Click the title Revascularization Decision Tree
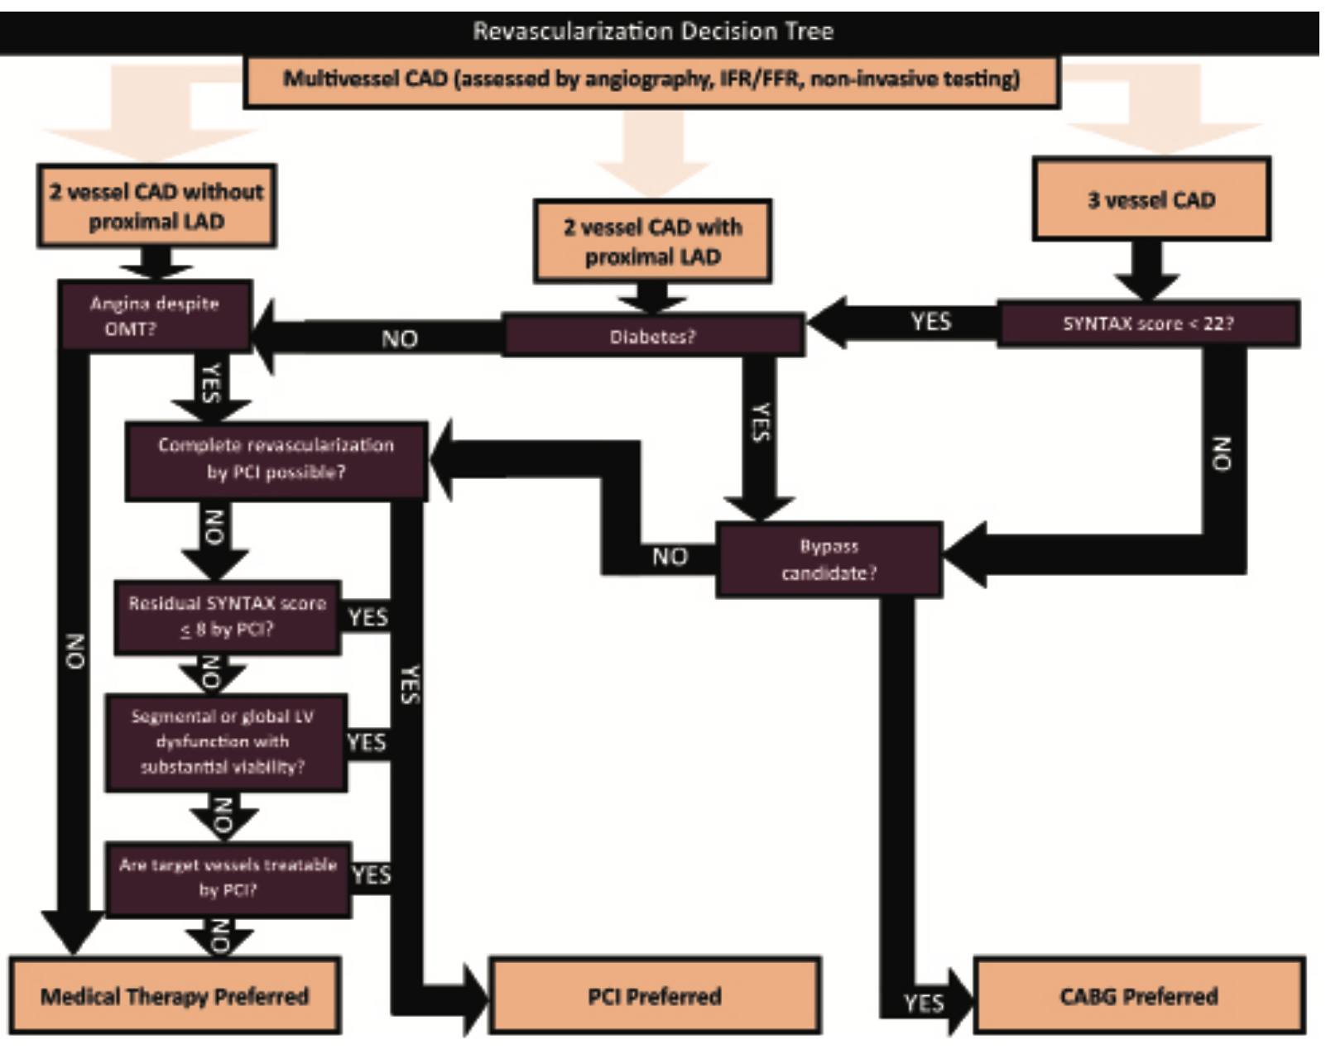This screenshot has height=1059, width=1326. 652,31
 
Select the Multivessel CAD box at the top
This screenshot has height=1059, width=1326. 651,80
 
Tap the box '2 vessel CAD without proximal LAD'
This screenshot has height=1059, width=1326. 156,206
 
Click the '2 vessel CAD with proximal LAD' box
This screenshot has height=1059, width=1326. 652,242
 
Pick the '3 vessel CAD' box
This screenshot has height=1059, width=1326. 1151,200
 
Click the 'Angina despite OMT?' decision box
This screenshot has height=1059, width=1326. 155,315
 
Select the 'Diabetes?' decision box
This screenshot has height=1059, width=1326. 652,336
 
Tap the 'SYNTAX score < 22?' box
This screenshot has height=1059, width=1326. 1148,323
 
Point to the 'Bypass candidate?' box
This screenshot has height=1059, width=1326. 829,559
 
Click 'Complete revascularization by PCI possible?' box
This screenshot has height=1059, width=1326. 276,459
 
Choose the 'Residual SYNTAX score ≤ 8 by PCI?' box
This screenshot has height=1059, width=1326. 227,616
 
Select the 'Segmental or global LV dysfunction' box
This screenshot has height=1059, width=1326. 224,741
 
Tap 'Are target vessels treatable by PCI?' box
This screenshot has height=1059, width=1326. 228,878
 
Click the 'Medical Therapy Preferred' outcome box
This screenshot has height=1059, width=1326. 175,995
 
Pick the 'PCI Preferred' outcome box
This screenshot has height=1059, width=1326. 654,995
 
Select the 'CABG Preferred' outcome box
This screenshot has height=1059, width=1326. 1138,995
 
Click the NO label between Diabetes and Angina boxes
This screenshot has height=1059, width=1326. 400,339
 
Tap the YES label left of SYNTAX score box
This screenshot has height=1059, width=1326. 931,322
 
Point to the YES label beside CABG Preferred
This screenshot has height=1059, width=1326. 923,1004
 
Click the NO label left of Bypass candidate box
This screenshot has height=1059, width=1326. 670,557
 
